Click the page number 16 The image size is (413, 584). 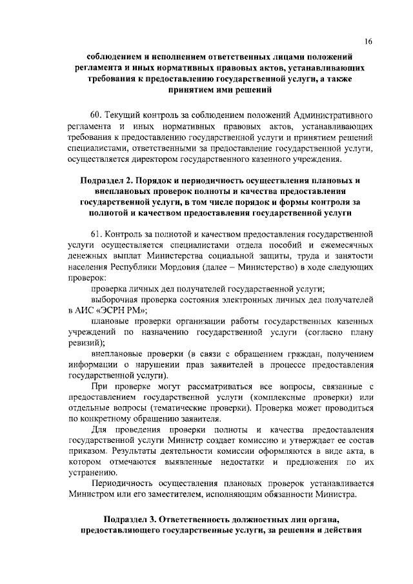(368, 42)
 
